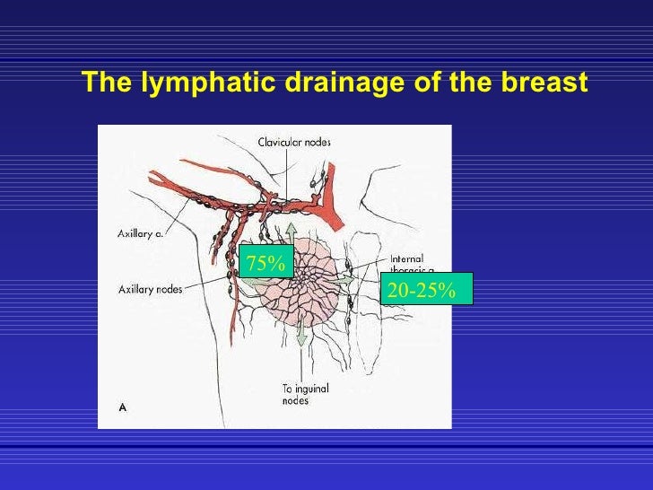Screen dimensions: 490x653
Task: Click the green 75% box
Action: coord(266,264)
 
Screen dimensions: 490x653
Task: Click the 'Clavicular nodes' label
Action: coord(294,142)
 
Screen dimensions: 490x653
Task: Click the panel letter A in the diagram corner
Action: coord(123,407)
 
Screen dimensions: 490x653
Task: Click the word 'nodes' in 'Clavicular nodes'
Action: coord(315,142)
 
